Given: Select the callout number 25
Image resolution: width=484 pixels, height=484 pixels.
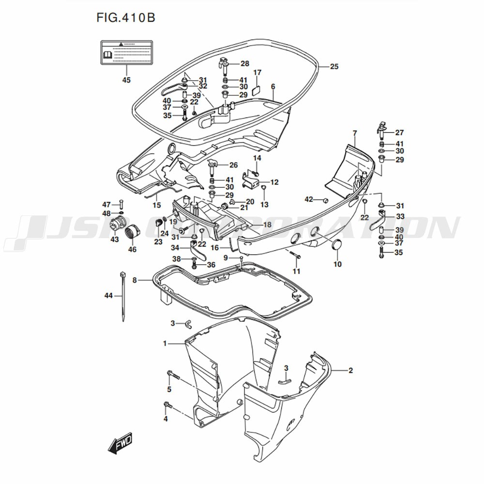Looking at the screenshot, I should [x=334, y=67].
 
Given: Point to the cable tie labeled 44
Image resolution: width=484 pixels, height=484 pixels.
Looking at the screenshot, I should [x=123, y=296].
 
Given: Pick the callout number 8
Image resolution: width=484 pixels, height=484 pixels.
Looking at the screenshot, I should [x=135, y=280].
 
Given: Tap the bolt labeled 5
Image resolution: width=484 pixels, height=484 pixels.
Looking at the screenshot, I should [x=173, y=374].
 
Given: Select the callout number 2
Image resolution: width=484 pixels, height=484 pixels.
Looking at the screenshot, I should [x=350, y=371].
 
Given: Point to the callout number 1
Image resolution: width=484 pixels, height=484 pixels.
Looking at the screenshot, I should [x=165, y=343].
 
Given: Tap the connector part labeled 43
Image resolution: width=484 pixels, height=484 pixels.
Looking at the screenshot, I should [x=116, y=226].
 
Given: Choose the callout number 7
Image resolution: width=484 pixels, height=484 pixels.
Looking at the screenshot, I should [x=355, y=133].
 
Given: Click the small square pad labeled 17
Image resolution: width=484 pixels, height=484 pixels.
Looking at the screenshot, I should [x=257, y=89].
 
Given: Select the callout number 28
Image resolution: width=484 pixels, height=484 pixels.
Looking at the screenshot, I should [x=244, y=63].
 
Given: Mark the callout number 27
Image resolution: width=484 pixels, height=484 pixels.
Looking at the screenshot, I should [x=399, y=133].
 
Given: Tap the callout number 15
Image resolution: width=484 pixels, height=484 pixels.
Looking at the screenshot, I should [x=156, y=205].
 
